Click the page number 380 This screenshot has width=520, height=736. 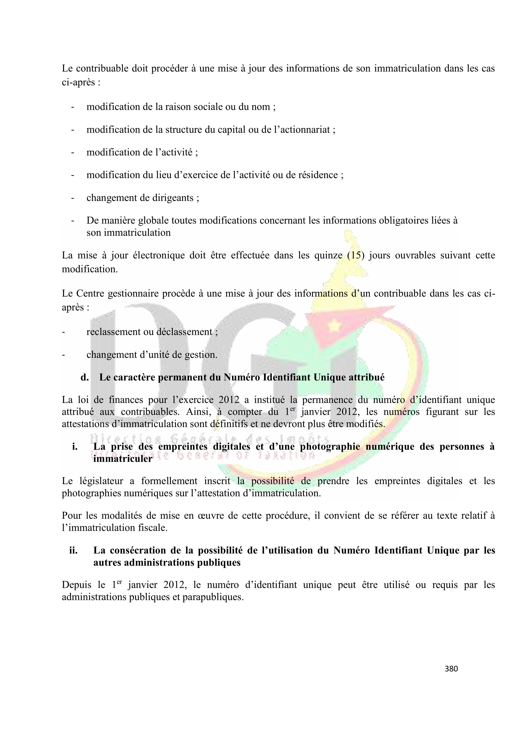451,669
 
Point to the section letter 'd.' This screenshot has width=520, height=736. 85,377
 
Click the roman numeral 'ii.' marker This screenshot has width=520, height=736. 73,550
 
